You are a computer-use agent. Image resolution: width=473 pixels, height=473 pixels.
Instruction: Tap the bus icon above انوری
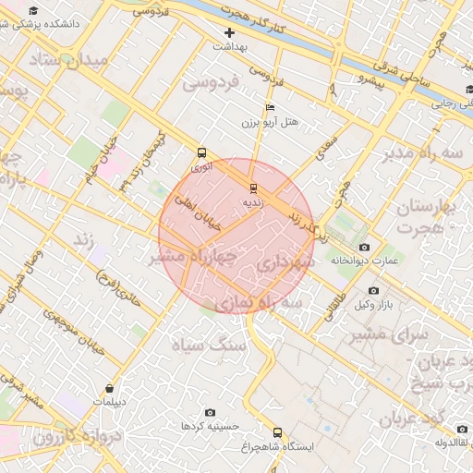point(201,153)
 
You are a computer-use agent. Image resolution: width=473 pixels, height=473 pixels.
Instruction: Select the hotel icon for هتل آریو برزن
point(269,109)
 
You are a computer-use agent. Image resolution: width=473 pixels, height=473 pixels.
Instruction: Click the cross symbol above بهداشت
point(230,32)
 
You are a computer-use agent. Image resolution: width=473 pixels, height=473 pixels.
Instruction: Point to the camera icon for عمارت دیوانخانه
point(364,248)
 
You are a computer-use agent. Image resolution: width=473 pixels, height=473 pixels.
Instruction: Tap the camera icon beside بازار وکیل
point(373,290)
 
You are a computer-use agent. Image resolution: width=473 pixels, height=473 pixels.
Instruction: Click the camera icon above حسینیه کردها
point(210,412)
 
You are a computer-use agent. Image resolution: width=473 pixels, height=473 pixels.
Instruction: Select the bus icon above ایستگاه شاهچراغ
point(277,432)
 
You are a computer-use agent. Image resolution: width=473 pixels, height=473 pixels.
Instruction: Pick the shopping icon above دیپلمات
point(110,389)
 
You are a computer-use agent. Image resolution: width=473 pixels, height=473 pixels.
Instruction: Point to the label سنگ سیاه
point(210,345)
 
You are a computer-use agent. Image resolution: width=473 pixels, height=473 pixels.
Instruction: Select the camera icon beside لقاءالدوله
point(463,429)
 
